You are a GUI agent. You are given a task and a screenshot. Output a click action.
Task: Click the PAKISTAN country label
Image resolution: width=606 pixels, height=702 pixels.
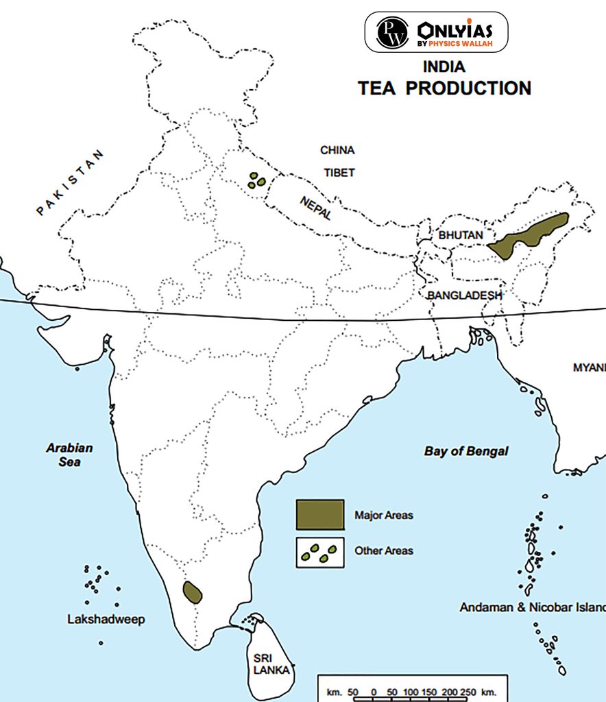tap(72, 182)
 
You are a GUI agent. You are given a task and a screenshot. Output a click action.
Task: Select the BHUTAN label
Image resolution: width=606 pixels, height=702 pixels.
tap(461, 234)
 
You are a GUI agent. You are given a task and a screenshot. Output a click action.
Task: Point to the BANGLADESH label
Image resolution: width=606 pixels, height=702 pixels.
tap(465, 295)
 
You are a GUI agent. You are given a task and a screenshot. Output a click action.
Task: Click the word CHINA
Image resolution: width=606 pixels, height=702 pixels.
tap(337, 150)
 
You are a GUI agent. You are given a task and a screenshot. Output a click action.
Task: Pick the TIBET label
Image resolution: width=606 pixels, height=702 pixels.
tap(339, 173)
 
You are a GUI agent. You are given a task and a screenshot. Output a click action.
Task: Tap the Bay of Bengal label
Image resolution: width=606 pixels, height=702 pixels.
tap(466, 451)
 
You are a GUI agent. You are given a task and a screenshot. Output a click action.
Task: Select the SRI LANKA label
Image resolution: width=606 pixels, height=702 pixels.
tap(267, 664)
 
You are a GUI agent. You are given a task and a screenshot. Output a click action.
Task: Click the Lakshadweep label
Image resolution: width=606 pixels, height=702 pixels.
tap(106, 620)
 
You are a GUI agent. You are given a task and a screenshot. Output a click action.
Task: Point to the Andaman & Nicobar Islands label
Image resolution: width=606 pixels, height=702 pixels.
tap(532, 607)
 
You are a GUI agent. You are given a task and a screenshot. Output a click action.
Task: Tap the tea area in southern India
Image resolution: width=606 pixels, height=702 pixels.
tap(193, 592)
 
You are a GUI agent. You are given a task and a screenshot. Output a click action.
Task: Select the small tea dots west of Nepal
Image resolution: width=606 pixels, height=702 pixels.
tap(258, 180)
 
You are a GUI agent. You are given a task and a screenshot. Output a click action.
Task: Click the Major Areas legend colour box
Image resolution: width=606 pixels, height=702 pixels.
tap(320, 515)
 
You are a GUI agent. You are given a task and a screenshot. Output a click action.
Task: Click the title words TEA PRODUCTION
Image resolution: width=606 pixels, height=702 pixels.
tap(444, 88)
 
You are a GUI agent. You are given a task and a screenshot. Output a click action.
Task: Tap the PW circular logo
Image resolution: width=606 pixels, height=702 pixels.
tap(392, 32)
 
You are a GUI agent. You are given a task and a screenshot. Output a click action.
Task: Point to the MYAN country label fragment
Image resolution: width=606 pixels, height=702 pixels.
tap(589, 367)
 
